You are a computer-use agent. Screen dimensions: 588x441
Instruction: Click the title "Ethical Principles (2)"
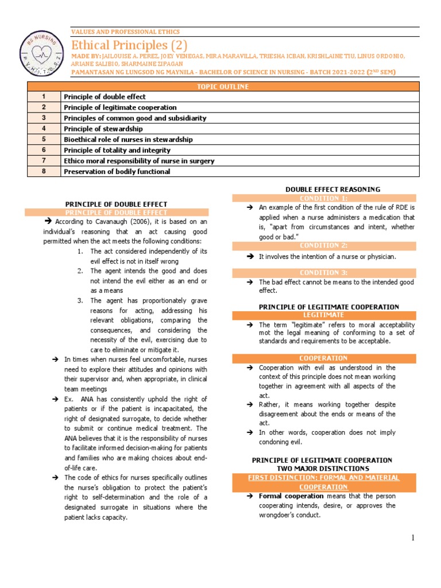coord(129,45)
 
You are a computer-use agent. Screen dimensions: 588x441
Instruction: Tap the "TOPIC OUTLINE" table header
coord(223,86)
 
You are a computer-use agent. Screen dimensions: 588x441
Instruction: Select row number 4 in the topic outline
coord(44,129)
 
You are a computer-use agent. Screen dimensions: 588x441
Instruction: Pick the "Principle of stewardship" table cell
coord(103,129)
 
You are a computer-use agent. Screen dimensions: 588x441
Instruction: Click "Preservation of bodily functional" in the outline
coord(117,171)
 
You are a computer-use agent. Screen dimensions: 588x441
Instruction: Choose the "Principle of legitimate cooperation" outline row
coord(120,107)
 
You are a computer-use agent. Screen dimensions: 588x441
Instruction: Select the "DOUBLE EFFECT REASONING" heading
coord(332,189)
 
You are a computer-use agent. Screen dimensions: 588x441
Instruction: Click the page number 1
coord(412,537)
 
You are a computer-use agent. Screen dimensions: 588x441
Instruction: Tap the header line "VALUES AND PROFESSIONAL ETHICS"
coord(125,32)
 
